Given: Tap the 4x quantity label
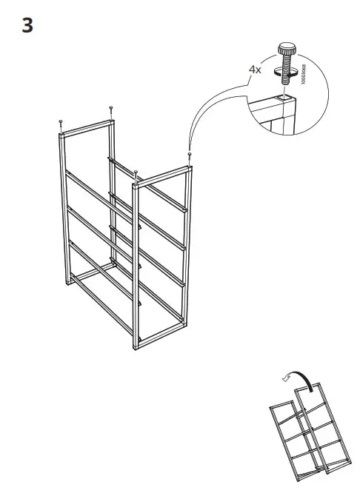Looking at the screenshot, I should [255, 69].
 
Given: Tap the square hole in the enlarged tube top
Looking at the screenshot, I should [286, 98].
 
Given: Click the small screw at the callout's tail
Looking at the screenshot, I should [191, 155].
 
